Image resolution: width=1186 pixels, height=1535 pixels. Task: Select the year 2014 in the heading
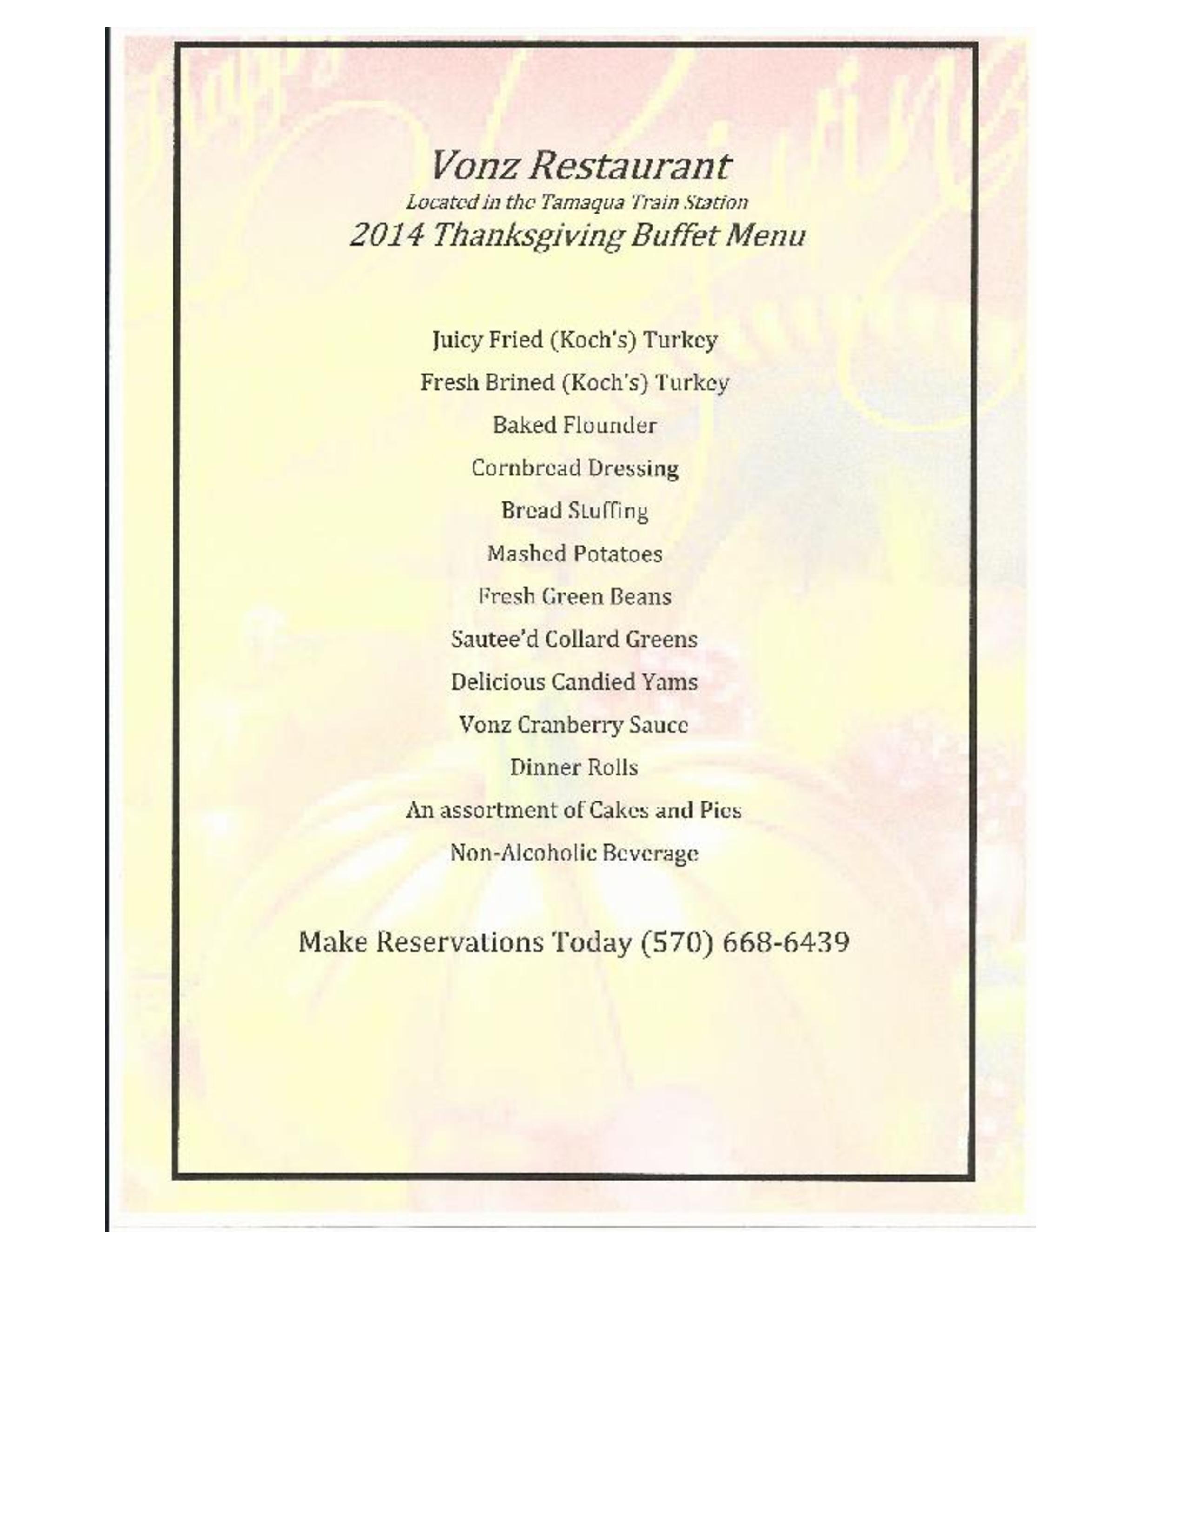pos(386,235)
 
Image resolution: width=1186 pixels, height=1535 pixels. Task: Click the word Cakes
pos(618,810)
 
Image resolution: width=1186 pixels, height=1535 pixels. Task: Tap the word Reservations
pos(460,942)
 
